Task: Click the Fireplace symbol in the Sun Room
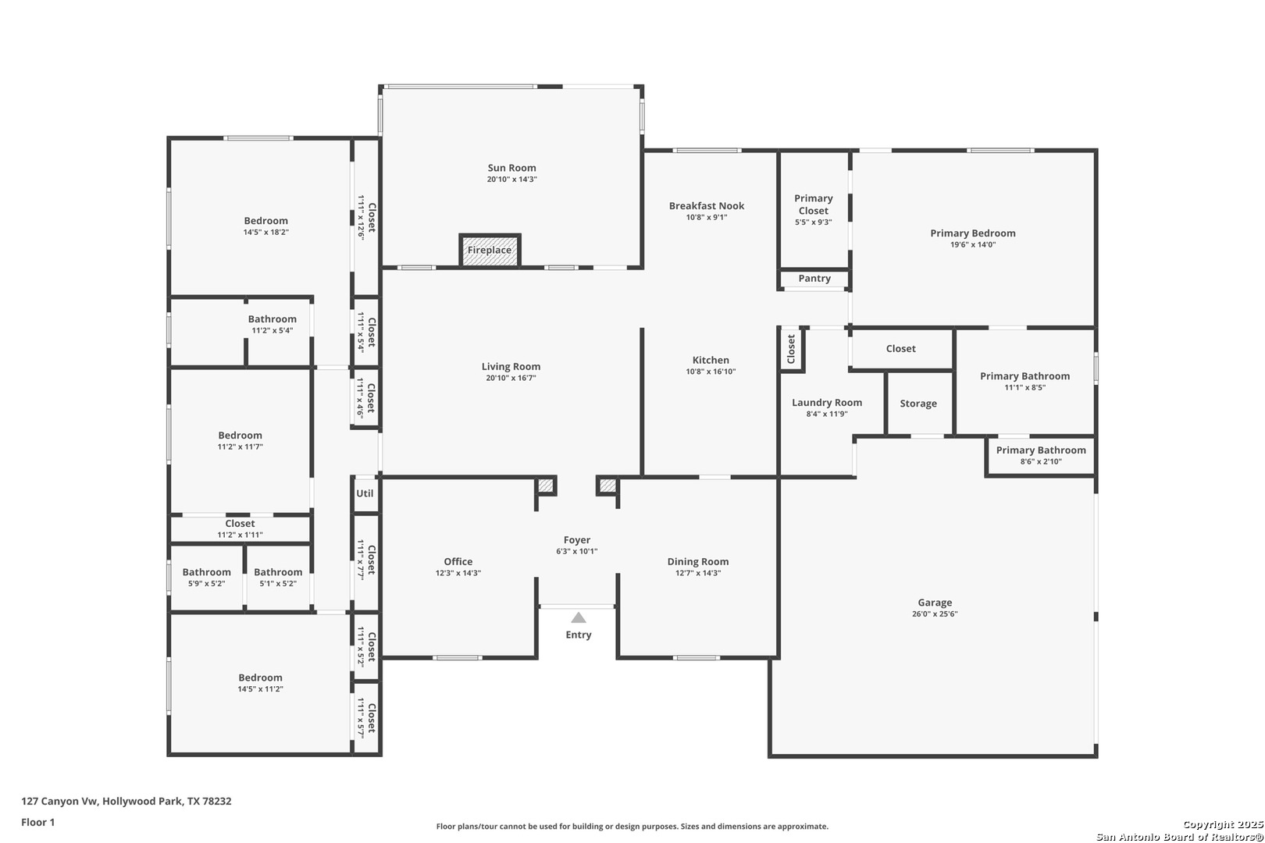490,250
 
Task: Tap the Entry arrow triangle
579,617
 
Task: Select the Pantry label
814,279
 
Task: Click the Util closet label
365,493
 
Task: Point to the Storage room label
918,404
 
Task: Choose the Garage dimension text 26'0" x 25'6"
935,614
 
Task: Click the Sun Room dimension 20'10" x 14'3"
511,179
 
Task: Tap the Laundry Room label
827,403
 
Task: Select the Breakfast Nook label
707,206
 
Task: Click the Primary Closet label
813,205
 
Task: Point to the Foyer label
576,540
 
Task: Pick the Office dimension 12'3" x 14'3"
458,573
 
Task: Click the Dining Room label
698,561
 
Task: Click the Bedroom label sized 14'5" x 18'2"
266,221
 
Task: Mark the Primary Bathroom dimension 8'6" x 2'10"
1041,461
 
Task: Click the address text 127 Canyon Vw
60,801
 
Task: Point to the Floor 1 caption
37,822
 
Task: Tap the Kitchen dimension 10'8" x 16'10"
711,372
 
